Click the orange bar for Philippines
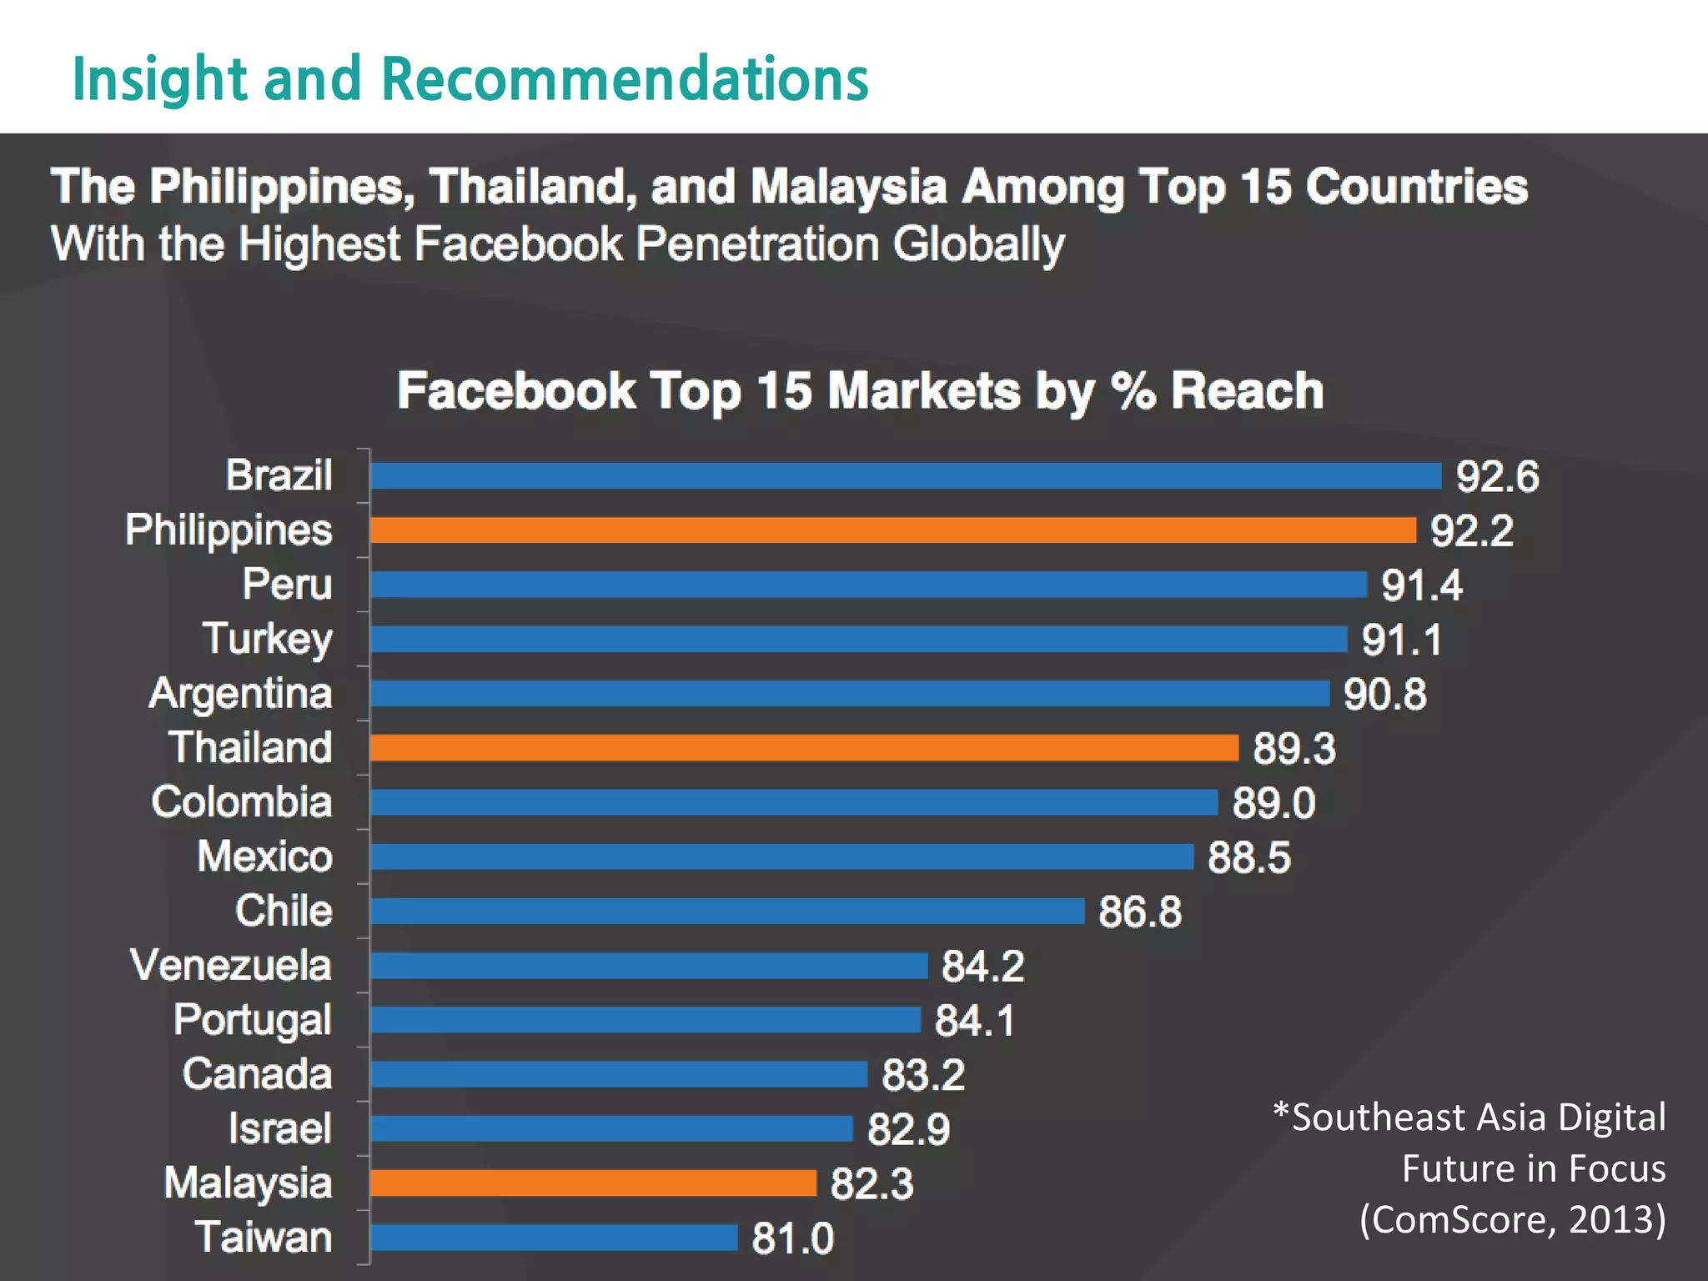[892, 530]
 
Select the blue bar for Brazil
[905, 476]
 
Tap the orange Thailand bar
[804, 748]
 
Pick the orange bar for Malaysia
[593, 1183]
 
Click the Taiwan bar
[554, 1237]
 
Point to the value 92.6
[1497, 477]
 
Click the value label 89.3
[1294, 749]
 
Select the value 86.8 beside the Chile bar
[1139, 912]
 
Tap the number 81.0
[792, 1238]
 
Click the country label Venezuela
[231, 966]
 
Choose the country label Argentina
[240, 694]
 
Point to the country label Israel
[280, 1128]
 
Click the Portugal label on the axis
[253, 1020]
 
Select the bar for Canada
[619, 1074]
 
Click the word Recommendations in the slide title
[625, 79]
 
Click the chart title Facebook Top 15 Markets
[860, 390]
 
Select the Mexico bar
[781, 857]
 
